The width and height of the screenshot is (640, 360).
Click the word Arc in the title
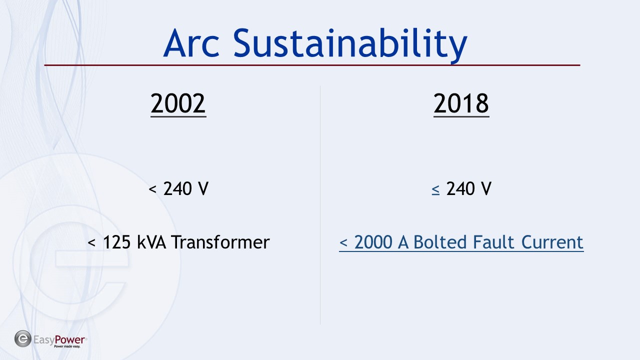click(191, 43)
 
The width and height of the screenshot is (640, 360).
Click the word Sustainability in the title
click(350, 45)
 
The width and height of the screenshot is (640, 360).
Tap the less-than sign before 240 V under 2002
click(152, 189)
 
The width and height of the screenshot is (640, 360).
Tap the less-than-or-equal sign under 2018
click(435, 189)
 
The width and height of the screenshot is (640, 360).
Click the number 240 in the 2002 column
click(177, 189)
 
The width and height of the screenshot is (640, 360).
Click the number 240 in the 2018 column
click(460, 189)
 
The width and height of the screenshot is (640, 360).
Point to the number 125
click(117, 242)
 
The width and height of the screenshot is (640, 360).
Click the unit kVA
click(151, 242)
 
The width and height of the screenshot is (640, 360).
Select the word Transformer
click(220, 242)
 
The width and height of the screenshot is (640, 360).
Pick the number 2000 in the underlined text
click(373, 242)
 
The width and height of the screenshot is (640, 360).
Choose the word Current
click(552, 242)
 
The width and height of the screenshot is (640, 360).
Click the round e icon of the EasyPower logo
click(23, 339)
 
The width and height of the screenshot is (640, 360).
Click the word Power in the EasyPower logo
click(69, 339)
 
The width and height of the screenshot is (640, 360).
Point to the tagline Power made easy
click(67, 346)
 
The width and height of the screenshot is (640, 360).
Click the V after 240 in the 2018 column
click(485, 189)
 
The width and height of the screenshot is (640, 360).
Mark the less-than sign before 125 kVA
click(91, 243)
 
